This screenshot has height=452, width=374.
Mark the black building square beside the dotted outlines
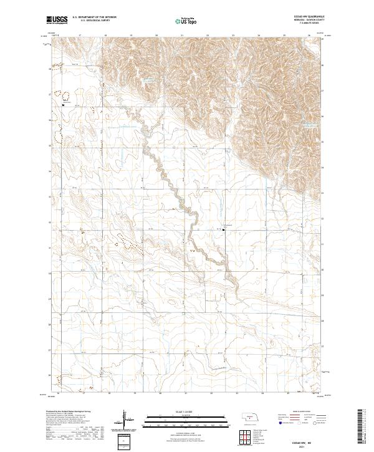point(63,105)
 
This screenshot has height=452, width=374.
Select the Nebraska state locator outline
point(251,417)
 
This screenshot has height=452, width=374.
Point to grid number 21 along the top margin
point(181,36)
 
